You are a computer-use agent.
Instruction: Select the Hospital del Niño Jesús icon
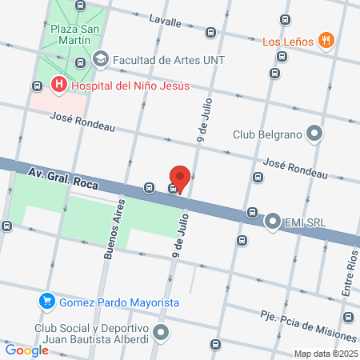click(58, 84)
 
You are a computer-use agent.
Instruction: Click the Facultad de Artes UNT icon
click(101, 58)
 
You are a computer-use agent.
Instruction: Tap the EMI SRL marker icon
click(274, 219)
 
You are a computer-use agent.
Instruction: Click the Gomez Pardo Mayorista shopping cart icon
click(47, 302)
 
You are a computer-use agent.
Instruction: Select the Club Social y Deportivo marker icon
click(162, 331)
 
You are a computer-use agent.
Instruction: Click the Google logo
click(26, 350)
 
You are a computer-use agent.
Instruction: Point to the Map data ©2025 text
click(325, 353)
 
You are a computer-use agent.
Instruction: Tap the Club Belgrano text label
click(266, 134)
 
